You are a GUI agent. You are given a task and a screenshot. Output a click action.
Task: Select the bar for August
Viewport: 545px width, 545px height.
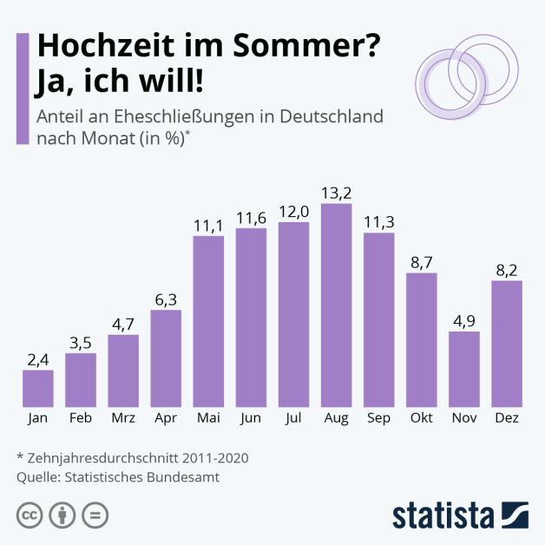click(x=336, y=305)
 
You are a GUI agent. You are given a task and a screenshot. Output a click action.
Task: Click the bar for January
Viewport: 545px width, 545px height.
click(x=38, y=388)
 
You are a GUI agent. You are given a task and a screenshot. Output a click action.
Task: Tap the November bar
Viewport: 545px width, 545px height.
click(x=463, y=369)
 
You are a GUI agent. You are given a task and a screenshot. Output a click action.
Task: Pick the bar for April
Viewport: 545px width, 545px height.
click(x=166, y=358)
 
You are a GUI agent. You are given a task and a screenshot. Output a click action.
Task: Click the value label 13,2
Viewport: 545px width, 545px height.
click(x=336, y=193)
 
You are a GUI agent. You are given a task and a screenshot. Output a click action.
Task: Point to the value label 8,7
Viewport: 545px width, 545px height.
click(x=421, y=261)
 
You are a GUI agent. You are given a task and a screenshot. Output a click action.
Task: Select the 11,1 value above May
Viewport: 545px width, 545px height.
click(x=208, y=224)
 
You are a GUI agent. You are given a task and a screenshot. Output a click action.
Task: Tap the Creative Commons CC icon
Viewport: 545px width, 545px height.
click(x=30, y=515)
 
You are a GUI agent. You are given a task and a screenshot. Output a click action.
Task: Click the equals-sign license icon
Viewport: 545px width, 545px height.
click(x=95, y=515)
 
